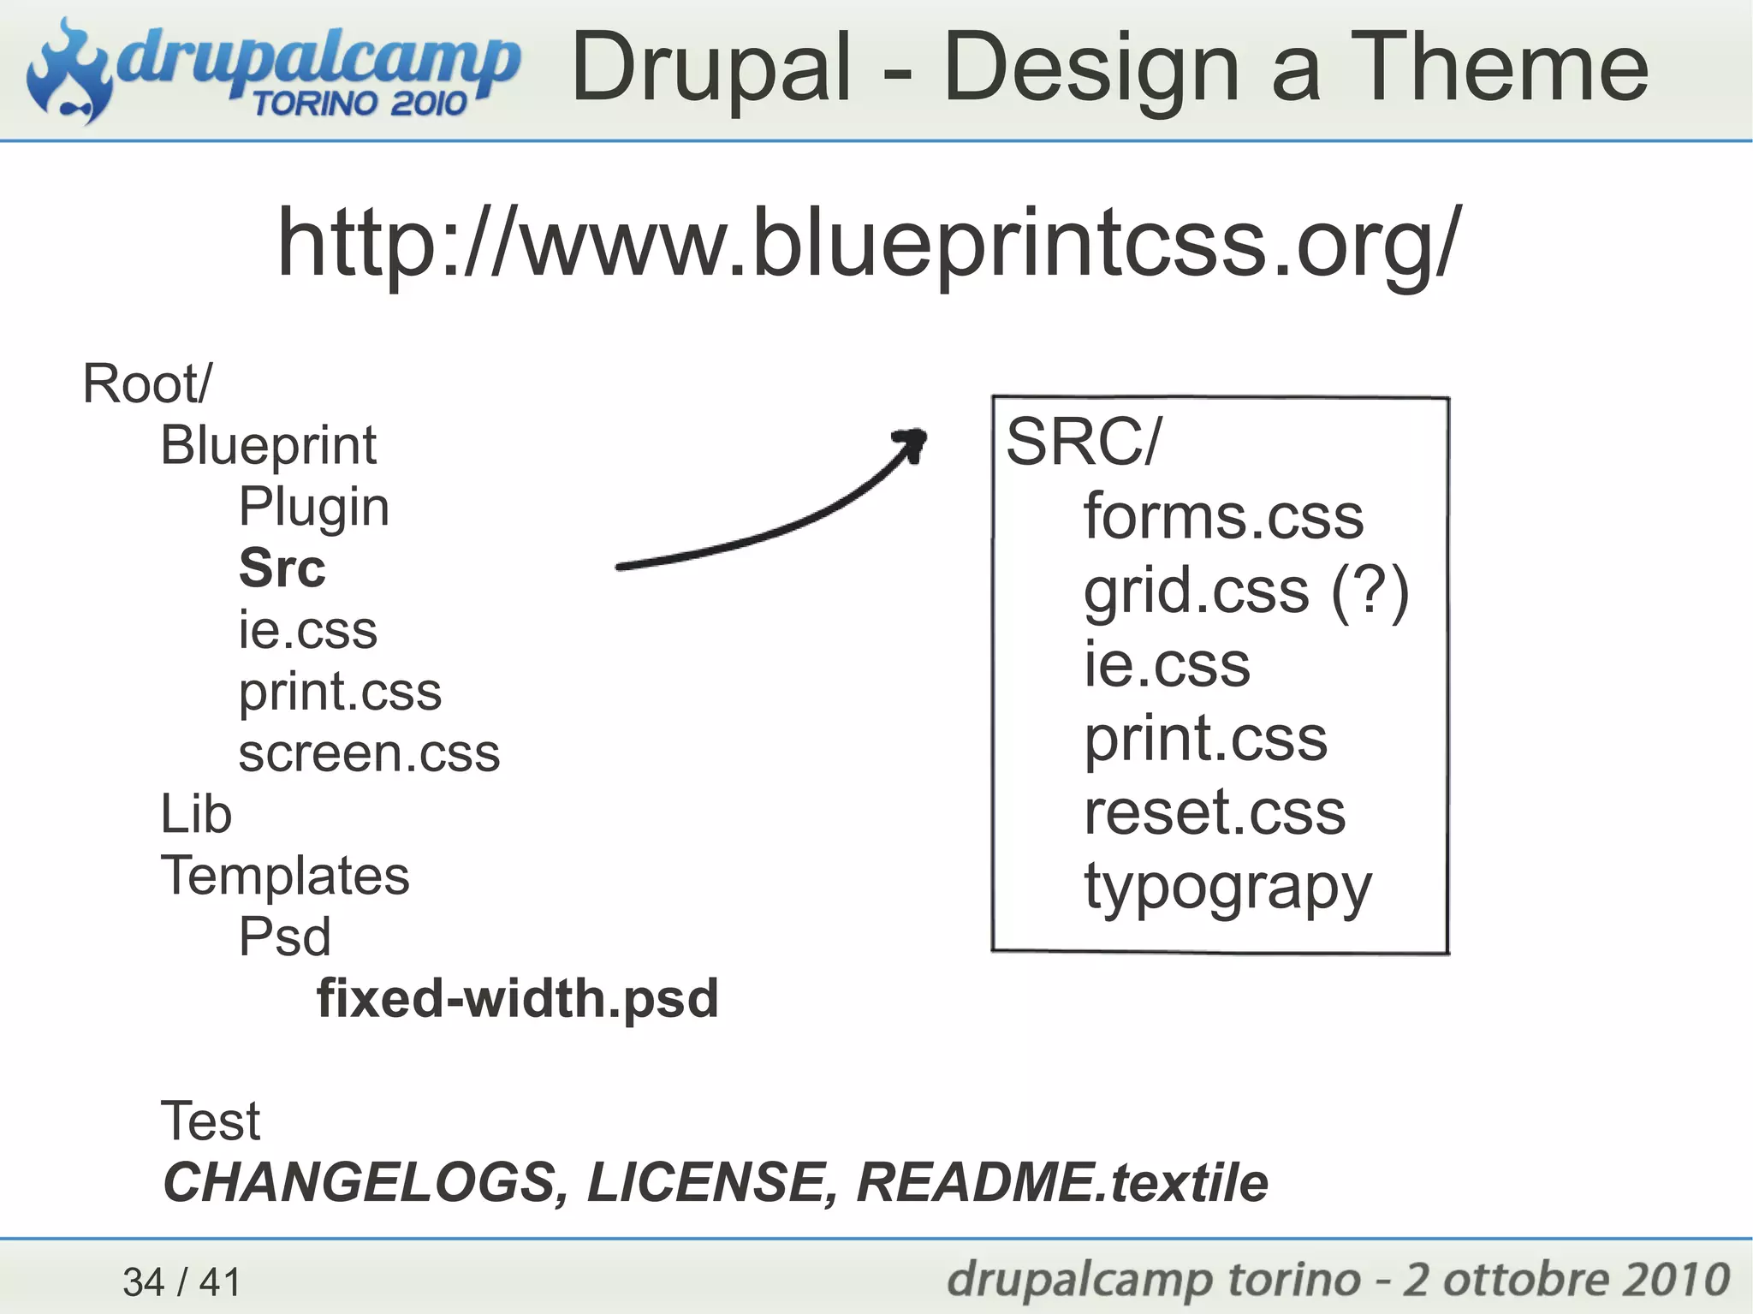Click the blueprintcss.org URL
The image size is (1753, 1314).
pos(869,244)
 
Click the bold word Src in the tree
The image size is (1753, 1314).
pos(282,568)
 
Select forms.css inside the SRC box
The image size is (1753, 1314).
pos(1223,517)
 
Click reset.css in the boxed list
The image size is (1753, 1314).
pos(1214,812)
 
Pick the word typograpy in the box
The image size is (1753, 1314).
pos(1227,889)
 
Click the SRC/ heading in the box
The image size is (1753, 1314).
pos(1084,443)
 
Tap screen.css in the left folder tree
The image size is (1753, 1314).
pos(369,754)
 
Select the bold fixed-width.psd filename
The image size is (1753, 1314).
pos(517,999)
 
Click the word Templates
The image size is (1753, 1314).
pos(285,876)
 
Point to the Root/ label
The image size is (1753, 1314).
pos(146,383)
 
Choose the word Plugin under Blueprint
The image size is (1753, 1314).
pos(313,507)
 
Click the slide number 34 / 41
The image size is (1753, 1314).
pos(181,1281)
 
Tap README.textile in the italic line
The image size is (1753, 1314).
pos(1061,1183)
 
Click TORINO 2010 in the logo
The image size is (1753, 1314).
pos(359,104)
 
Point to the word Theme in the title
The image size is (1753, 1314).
pos(1503,68)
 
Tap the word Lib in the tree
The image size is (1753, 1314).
pos(196,814)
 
